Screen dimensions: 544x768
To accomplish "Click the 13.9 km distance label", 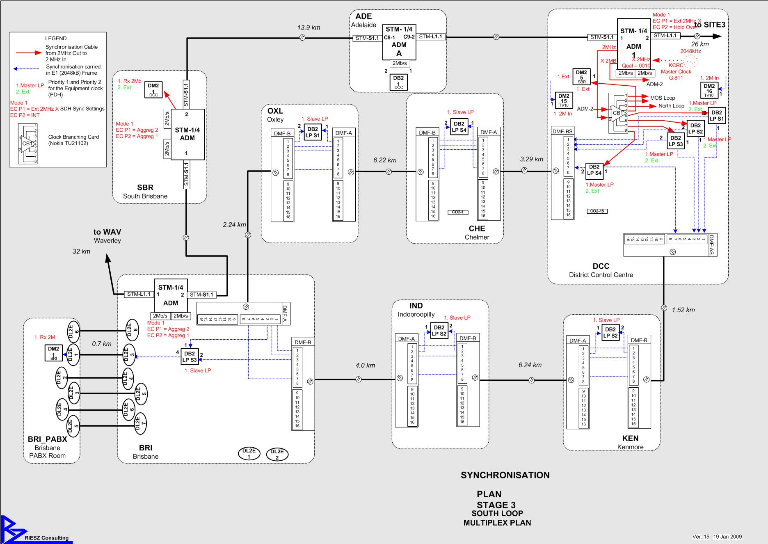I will tap(309, 27).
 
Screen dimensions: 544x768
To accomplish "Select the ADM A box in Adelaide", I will tap(399, 41).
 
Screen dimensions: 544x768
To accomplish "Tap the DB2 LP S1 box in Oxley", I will tap(313, 132).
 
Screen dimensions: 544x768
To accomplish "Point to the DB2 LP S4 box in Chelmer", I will tap(459, 127).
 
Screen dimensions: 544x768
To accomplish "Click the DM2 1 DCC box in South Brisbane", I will tap(153, 90).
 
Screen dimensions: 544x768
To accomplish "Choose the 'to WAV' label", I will tap(107, 232).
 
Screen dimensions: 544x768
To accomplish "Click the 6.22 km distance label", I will tap(384, 160).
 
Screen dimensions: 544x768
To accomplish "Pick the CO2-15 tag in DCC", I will tap(597, 211).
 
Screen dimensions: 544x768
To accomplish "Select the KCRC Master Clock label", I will tap(676, 71).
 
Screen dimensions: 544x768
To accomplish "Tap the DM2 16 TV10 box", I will tap(709, 90).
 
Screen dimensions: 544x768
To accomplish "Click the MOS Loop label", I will tap(662, 98).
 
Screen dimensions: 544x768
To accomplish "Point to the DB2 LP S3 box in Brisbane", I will tap(190, 357).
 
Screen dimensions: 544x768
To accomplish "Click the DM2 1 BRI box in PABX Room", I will tap(53, 353).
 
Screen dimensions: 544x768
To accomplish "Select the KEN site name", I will tap(630, 438).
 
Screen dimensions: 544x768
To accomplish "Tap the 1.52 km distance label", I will tap(683, 310).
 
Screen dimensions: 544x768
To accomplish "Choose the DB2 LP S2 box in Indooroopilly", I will tap(439, 330).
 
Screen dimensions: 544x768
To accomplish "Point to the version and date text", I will tap(717, 537).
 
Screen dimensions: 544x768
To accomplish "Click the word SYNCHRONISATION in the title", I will tap(505, 475).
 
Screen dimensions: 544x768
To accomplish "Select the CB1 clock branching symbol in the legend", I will tap(27, 144).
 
